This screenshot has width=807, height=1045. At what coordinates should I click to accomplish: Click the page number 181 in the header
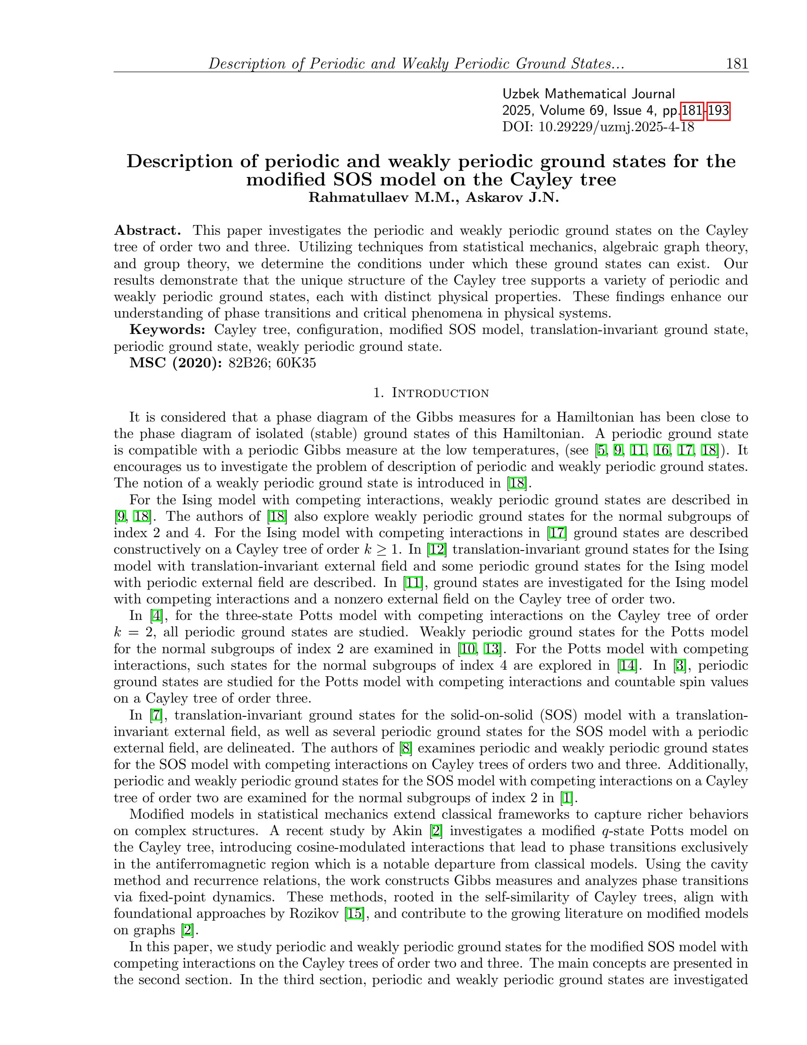[x=737, y=64]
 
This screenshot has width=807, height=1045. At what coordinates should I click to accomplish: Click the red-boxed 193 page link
[x=718, y=111]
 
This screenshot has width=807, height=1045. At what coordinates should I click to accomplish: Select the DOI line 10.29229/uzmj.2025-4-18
[x=598, y=127]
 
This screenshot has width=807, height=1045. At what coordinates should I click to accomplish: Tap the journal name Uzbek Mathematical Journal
[x=588, y=94]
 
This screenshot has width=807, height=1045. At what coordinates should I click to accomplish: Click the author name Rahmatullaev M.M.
[x=384, y=197]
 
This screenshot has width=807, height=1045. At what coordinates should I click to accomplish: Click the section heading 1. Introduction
[x=431, y=393]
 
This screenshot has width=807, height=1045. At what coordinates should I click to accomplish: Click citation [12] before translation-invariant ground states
[x=437, y=549]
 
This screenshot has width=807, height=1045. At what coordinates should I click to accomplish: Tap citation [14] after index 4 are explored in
[x=627, y=665]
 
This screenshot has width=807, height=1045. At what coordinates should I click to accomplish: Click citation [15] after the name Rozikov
[x=355, y=913]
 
